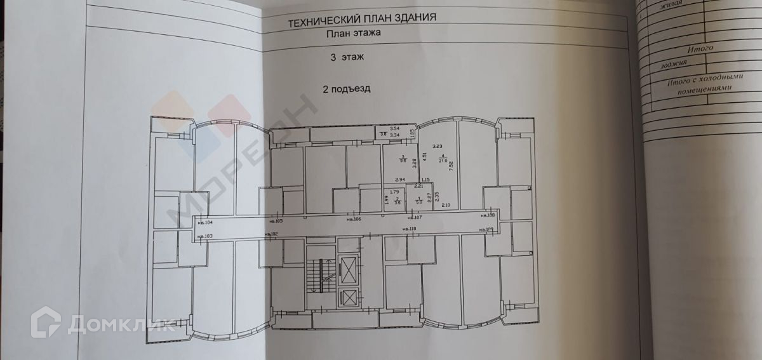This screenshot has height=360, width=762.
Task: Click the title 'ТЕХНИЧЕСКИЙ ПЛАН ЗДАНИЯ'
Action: pyautogui.click(x=362, y=22)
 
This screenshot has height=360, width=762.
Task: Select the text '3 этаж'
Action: pyautogui.click(x=345, y=58)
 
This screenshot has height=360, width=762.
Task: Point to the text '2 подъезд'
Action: pyautogui.click(x=345, y=90)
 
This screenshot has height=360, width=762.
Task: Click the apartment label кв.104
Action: pyautogui.click(x=205, y=222)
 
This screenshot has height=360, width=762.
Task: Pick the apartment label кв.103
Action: pyautogui.click(x=205, y=236)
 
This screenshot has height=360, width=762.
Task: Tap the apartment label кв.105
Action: pyautogui.click(x=276, y=221)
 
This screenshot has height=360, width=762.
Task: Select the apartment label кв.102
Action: pyautogui.click(x=271, y=234)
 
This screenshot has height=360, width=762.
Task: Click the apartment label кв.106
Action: pyautogui.click(x=354, y=220)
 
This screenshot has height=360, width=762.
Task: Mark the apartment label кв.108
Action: pyautogui.click(x=495, y=216)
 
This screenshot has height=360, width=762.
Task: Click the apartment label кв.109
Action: pyautogui.click(x=486, y=229)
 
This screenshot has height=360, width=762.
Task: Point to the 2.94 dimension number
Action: pyautogui.click(x=400, y=180)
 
